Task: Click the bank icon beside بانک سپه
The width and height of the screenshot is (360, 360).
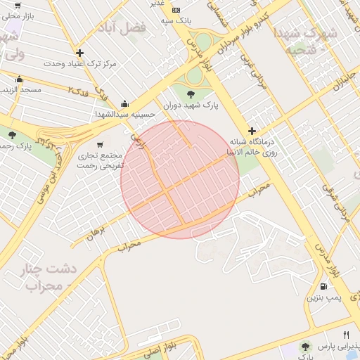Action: click(176, 10)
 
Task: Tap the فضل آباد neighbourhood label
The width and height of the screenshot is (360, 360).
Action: click(143, 27)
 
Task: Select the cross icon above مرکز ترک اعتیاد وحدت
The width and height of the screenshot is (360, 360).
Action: click(79, 53)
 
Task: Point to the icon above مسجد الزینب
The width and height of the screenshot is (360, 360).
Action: click(18, 79)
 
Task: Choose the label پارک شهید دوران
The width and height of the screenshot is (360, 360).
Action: click(191, 106)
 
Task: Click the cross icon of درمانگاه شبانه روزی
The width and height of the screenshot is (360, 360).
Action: click(252, 130)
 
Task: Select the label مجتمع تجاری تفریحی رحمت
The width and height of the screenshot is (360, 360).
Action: click(99, 161)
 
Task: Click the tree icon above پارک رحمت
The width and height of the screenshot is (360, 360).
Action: click(12, 135)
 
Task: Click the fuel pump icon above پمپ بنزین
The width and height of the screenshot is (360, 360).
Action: click(323, 285)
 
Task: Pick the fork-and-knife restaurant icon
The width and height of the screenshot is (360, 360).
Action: click(346, 335)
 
